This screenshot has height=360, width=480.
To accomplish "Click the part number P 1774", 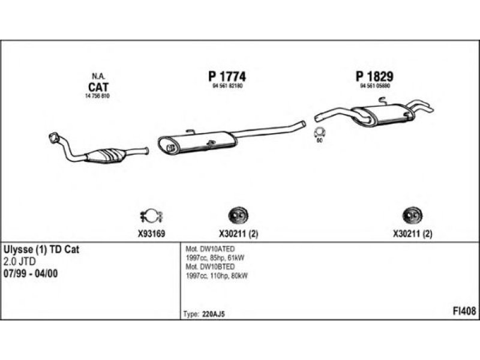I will [x=227, y=76].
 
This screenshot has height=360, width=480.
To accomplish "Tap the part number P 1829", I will [x=374, y=76].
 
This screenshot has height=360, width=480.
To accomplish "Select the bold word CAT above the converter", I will [x=98, y=86].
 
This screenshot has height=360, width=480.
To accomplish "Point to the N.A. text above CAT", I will [x=98, y=76].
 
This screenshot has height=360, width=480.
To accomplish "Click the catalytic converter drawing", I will [x=109, y=155].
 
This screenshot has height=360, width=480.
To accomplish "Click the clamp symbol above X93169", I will [x=151, y=214].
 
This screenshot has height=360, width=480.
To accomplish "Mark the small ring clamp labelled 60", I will [x=319, y=133].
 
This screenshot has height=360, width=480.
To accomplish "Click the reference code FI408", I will [x=465, y=311].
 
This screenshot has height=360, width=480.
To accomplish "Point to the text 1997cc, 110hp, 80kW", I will [x=217, y=275].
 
